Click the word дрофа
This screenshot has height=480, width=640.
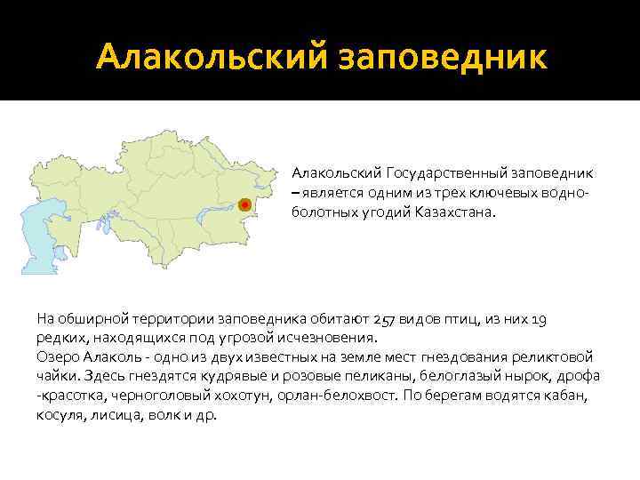pyautogui.click(x=580, y=376)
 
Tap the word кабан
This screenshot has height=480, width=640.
pyautogui.click(x=572, y=396)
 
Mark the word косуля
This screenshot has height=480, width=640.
pyautogui.click(x=58, y=415)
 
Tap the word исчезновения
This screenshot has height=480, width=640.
pyautogui.click(x=324, y=339)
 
